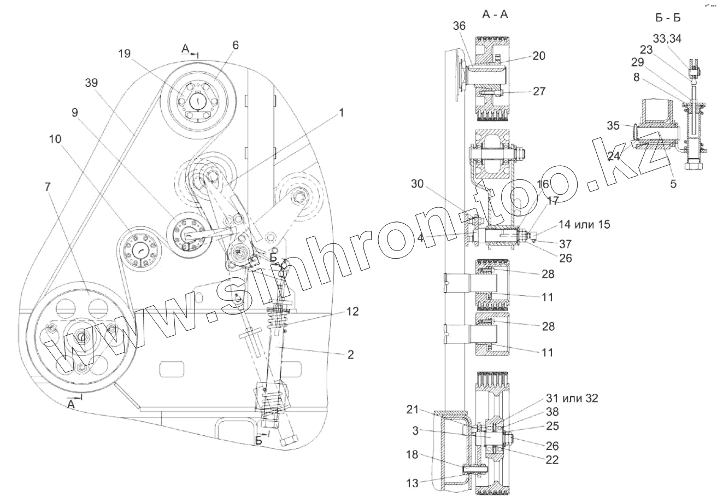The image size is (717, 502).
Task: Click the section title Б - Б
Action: (667, 18)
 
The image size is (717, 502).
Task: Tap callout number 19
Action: (125, 53)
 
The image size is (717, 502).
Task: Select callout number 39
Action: (91, 83)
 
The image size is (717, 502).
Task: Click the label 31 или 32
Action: (572, 398)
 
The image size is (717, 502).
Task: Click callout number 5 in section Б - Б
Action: (673, 184)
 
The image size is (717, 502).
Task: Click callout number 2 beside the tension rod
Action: (350, 354)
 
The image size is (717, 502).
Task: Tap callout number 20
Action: (539, 56)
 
